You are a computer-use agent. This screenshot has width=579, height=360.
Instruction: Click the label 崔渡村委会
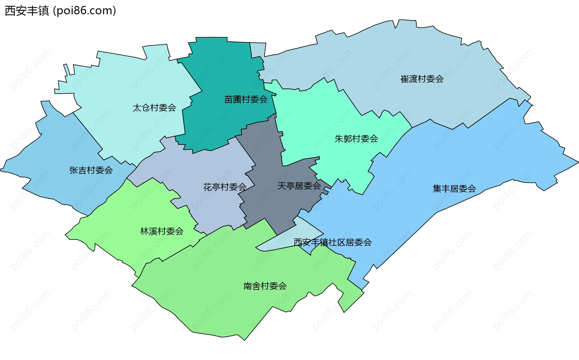(422, 79)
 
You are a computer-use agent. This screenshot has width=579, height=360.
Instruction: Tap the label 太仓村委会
(154, 108)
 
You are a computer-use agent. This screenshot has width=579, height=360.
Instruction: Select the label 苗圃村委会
(246, 99)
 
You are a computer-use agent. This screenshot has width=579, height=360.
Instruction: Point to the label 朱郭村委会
(356, 139)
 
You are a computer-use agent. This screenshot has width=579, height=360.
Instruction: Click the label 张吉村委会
(91, 170)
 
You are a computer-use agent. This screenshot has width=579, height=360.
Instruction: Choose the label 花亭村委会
(225, 187)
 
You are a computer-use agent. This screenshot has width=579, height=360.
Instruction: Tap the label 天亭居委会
(299, 186)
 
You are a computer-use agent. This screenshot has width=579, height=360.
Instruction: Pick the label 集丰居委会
(454, 189)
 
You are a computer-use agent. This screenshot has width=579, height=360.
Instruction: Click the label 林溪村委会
(162, 231)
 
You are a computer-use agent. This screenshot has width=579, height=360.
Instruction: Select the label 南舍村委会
(265, 286)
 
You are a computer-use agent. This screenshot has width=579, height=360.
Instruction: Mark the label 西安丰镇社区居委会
(332, 242)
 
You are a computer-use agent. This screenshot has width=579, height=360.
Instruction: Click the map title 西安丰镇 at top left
(27, 11)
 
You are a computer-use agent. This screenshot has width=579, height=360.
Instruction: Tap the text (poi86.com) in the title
(85, 11)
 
